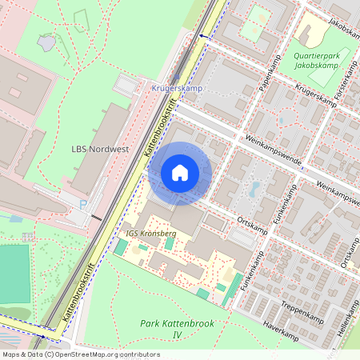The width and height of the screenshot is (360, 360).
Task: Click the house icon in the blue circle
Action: [x=180, y=172]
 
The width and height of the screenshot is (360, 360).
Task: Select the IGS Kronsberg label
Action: [x=151, y=233]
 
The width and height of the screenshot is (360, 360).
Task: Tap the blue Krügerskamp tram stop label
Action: [x=176, y=87]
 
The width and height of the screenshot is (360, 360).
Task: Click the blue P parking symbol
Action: [x=84, y=206]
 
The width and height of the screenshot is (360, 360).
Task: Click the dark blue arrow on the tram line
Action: [x=202, y=37]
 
